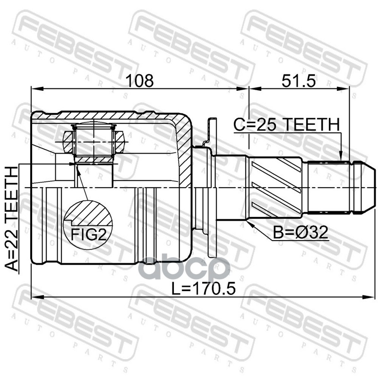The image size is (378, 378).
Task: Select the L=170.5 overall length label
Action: coord(203,289)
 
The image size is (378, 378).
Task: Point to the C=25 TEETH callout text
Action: coord(287,124)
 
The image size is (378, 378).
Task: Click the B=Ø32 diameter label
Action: coord(301,232)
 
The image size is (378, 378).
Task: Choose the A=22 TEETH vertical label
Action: coord(11,219)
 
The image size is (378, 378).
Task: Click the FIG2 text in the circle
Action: coord(88,234)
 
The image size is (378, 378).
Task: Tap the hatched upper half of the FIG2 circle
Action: coord(88,213)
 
